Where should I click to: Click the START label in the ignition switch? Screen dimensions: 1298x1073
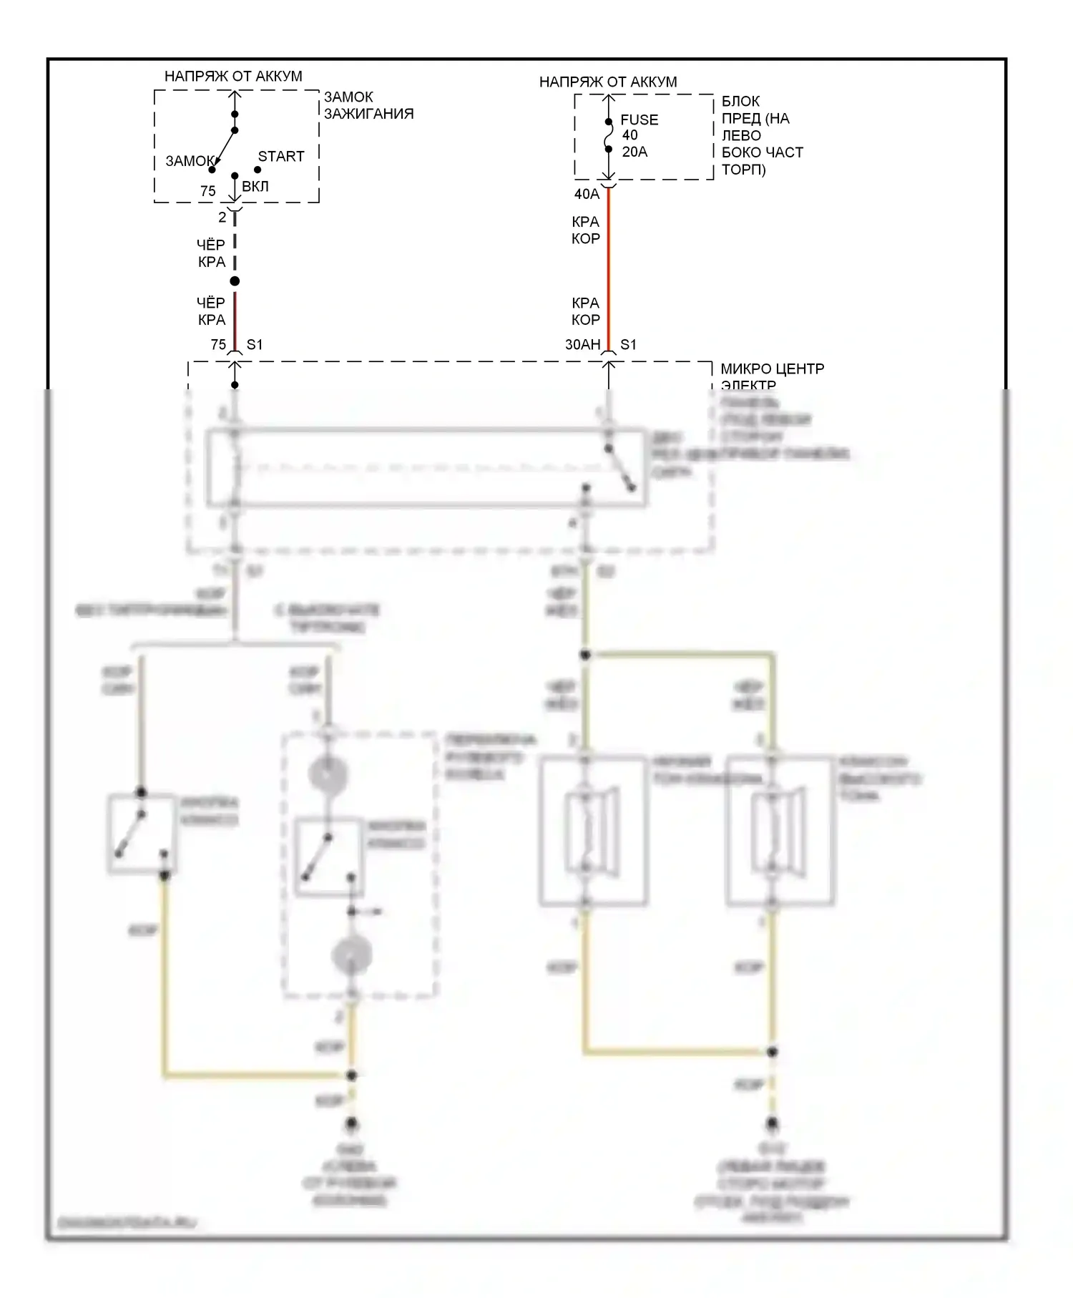pos(280,156)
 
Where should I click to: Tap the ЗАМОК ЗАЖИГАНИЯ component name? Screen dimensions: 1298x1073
pos(368,105)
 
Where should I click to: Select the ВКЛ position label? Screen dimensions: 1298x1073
pos(255,186)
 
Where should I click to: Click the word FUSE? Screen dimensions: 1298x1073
pos(639,119)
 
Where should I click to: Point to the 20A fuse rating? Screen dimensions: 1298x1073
pos(635,152)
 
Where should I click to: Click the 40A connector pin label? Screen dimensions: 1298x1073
pos(587,194)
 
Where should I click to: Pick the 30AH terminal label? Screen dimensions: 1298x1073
pos(582,344)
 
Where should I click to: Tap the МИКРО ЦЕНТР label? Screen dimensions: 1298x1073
pos(772,369)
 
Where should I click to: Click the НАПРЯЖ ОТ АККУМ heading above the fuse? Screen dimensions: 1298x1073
pos(607,82)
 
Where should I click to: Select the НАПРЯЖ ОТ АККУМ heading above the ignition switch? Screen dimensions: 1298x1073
pos(233,76)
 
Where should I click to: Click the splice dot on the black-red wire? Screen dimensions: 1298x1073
pos(235,281)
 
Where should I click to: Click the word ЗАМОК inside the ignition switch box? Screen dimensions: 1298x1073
pos(190,161)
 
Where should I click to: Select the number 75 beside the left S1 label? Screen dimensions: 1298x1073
pos(218,344)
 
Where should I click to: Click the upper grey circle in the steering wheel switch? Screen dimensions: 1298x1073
pos(328,774)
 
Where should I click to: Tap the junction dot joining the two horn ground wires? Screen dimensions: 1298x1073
pos(773,1052)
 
